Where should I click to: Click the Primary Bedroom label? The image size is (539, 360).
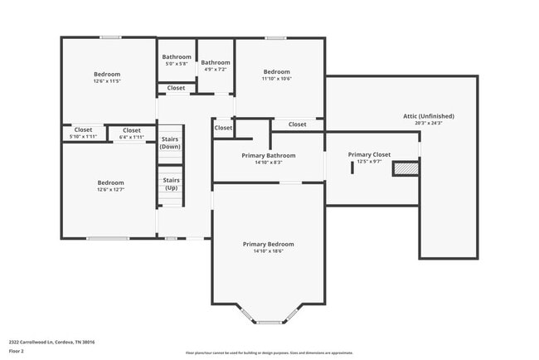point(268,244)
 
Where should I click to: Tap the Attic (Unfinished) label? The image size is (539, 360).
point(428,116)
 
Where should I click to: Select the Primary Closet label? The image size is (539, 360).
point(369,154)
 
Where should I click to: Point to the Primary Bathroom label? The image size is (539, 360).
point(269,155)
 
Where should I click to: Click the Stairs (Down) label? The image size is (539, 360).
point(170,143)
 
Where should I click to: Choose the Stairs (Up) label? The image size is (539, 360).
point(171,183)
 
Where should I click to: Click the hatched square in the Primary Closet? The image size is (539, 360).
point(405,168)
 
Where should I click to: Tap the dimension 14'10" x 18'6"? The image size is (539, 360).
point(268,251)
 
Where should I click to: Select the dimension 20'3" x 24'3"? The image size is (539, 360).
point(428,124)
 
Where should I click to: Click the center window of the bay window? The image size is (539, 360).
point(269,322)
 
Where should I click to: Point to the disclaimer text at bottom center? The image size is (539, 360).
point(269,353)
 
